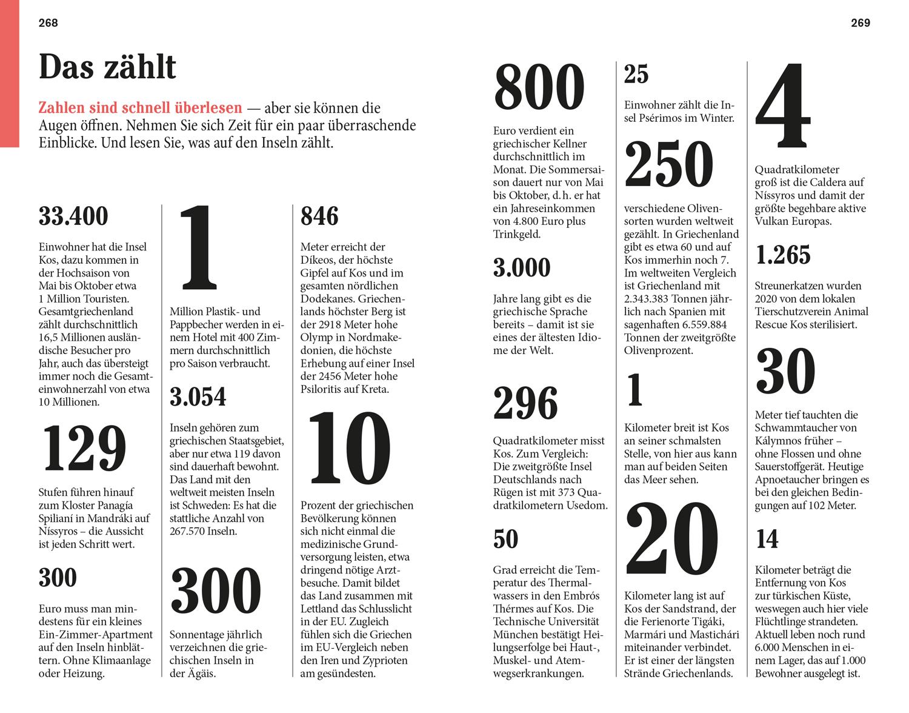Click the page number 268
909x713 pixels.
[x=48, y=23]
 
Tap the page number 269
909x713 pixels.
[x=861, y=23]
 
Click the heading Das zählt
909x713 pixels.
[x=107, y=67]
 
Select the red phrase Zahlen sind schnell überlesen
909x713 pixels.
[x=140, y=109]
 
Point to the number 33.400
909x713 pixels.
[x=73, y=216]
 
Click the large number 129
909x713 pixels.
[x=83, y=448]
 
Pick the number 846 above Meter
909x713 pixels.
[x=319, y=216]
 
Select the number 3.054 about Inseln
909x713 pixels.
[x=198, y=397]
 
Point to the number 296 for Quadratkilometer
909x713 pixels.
[x=525, y=403]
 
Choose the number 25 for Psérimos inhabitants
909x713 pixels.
[x=636, y=75]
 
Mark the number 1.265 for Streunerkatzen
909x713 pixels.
[x=783, y=255]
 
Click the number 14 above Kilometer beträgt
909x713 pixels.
[x=767, y=539]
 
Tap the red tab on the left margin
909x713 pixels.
[x=9, y=73]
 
